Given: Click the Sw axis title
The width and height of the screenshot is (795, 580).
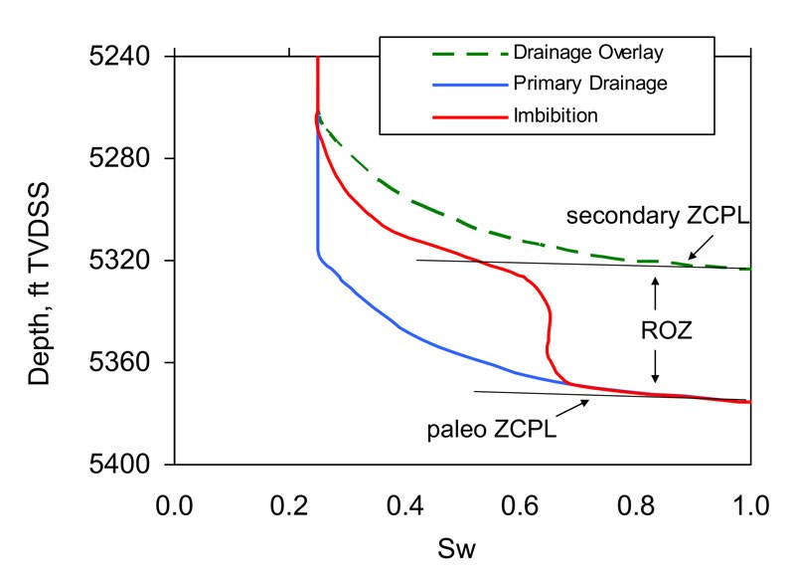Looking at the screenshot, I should tap(462, 547).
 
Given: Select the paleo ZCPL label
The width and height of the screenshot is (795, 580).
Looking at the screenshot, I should tap(491, 430).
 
